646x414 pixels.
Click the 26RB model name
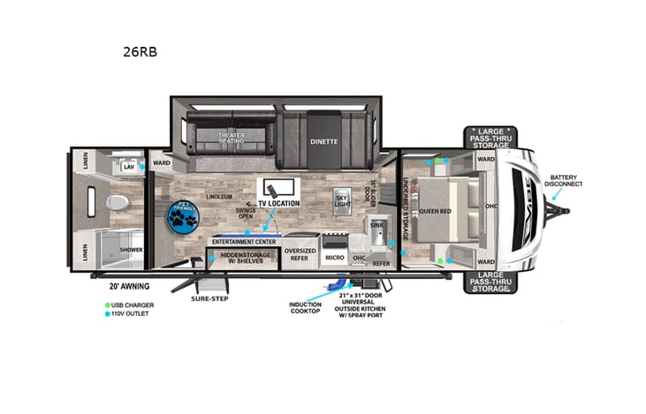pyautogui.click(x=140, y=51)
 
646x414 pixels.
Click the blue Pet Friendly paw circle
pyautogui.click(x=183, y=216)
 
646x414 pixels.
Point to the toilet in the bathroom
pyautogui.click(x=116, y=204)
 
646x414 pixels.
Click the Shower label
pyautogui.click(x=132, y=250)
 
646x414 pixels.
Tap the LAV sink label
pyautogui.click(x=128, y=166)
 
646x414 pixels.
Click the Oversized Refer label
pyautogui.click(x=300, y=254)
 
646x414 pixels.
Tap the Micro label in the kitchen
pyautogui.click(x=334, y=258)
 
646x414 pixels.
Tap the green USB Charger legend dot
pyautogui.click(x=105, y=305)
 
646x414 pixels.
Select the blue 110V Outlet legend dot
pyautogui.click(x=105, y=314)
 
